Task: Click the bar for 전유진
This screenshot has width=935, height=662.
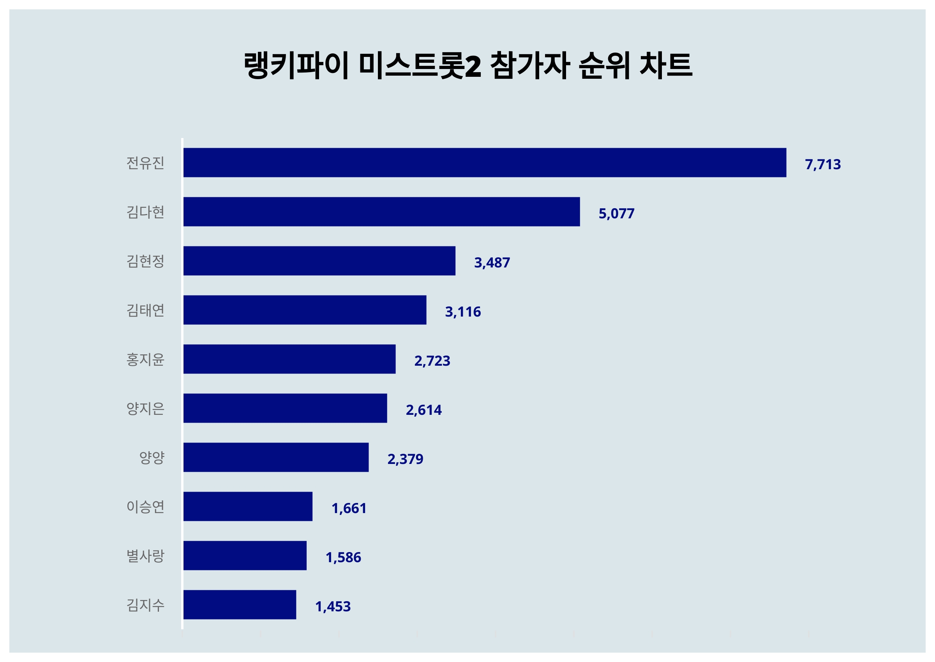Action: (x=485, y=163)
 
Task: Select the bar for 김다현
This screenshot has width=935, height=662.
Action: (x=381, y=212)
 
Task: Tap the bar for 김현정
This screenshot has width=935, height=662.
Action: (x=319, y=261)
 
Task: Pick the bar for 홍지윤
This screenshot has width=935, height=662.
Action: (x=289, y=359)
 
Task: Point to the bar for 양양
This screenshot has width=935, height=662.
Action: (x=276, y=457)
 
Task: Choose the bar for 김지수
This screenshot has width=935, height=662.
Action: (x=240, y=605)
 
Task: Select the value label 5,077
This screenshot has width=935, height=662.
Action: (x=616, y=214)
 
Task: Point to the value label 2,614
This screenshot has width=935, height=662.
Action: (x=423, y=410)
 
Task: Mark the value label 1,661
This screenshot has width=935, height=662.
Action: (x=349, y=508)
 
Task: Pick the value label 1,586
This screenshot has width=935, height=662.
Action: (x=343, y=557)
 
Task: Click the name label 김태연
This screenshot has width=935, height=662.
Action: (x=145, y=310)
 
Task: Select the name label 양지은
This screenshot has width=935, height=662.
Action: (x=145, y=409)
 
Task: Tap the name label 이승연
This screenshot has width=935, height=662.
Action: (x=145, y=507)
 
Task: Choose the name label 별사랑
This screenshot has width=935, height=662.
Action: (x=145, y=556)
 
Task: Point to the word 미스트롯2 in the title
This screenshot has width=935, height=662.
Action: (x=420, y=65)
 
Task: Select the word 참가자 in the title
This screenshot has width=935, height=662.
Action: (x=530, y=65)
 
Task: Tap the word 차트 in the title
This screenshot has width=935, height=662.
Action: (x=666, y=65)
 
